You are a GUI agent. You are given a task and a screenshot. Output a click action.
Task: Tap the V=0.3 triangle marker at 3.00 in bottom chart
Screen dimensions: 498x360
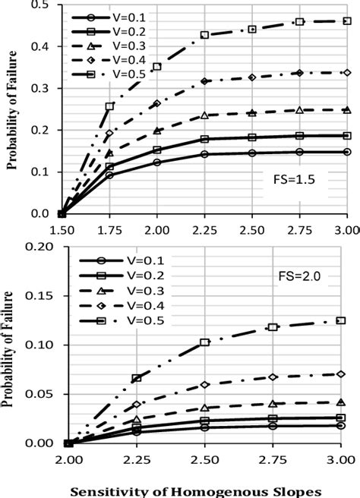coord(341,402)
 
